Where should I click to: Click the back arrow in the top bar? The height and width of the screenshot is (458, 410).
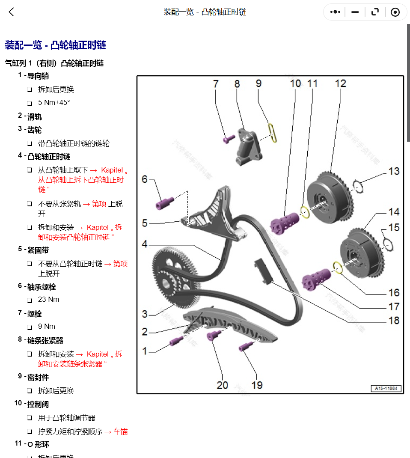click(12, 12)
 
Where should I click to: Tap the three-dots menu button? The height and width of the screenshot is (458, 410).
click(335, 12)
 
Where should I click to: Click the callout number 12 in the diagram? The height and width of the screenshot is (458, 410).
click(340, 83)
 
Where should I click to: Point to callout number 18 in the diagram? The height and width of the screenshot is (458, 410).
click(393, 320)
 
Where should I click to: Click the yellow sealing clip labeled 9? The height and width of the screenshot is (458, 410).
click(272, 133)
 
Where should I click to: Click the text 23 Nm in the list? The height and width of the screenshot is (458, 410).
click(48, 300)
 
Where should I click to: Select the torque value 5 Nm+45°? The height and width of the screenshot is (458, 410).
click(54, 103)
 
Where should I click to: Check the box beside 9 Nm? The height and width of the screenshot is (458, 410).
click(30, 327)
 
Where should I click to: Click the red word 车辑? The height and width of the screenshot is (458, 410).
click(120, 431)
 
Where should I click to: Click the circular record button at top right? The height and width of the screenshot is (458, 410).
click(395, 12)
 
